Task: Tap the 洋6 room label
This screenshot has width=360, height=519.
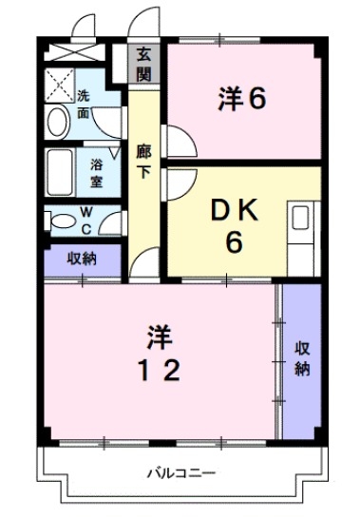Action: click(x=240, y=99)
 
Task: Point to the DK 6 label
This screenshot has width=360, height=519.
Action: click(x=234, y=226)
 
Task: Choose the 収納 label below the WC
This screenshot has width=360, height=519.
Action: click(x=81, y=257)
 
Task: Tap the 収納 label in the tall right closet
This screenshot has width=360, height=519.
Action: click(x=302, y=357)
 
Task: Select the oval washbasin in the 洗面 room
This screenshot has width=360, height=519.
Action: click(x=56, y=121)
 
